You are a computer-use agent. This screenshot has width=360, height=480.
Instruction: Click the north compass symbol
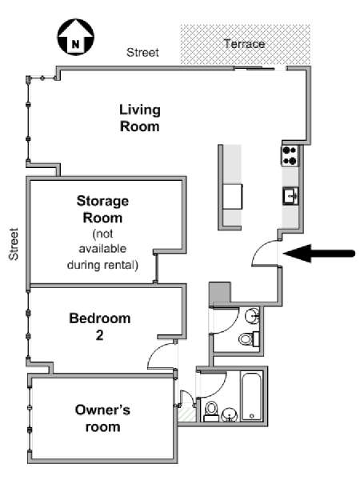click(x=76, y=37)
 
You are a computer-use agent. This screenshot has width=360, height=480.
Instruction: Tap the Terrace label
click(x=244, y=44)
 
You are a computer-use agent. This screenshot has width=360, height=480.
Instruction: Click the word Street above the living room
click(x=142, y=52)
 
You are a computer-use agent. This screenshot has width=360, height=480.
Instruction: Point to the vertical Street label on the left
click(x=14, y=244)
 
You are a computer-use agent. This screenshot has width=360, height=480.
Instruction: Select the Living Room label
click(x=139, y=118)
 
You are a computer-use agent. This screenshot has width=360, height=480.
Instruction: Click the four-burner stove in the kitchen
click(x=290, y=156)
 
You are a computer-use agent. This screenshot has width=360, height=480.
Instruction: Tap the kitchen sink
click(x=290, y=196)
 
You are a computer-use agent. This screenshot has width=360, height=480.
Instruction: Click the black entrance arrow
click(x=319, y=254)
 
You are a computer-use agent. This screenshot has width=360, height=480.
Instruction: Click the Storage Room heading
click(x=102, y=210)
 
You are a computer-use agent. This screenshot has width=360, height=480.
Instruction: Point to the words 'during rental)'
click(x=102, y=265)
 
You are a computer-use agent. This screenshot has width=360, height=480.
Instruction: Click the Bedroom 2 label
click(x=100, y=326)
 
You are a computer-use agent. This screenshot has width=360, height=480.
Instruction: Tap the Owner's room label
click(x=102, y=418)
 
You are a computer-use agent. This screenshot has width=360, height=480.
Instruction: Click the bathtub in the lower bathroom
click(x=252, y=396)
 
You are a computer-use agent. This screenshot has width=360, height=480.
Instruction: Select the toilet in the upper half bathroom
click(x=249, y=339)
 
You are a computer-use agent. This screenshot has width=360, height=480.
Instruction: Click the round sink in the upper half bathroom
click(x=252, y=315)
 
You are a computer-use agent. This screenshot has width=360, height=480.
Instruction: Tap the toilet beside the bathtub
click(x=211, y=411)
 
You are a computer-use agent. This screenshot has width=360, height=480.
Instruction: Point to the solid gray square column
click(x=219, y=293)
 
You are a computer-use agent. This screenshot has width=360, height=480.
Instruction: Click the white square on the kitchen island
click(x=232, y=197)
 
